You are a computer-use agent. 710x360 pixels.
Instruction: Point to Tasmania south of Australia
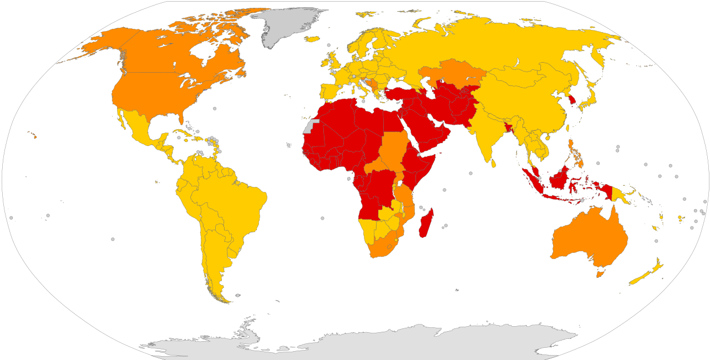[x=599, y=273]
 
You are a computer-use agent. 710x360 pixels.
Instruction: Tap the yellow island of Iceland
[x=312, y=39]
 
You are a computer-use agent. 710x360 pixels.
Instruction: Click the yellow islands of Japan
[x=591, y=94]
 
